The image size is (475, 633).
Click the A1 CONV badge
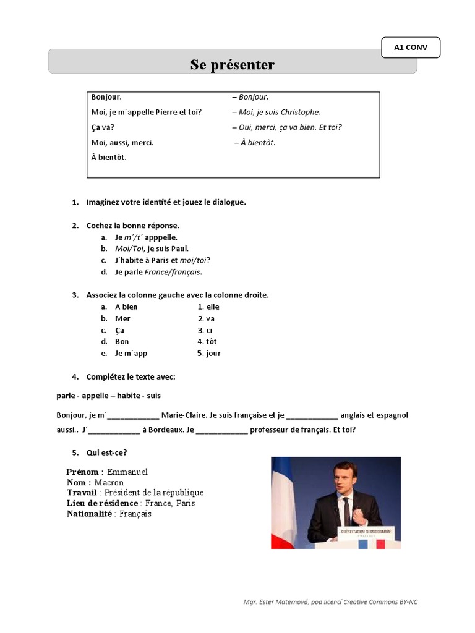click(x=411, y=48)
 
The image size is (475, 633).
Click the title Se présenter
click(x=233, y=65)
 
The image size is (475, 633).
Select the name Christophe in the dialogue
click(x=300, y=113)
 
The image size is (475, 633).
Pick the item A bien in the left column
click(x=126, y=307)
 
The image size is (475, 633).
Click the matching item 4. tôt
click(x=207, y=341)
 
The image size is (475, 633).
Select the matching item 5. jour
click(x=209, y=353)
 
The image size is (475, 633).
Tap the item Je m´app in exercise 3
click(x=131, y=353)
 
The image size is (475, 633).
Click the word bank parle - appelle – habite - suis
click(x=109, y=395)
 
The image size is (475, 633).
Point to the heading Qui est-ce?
click(x=106, y=452)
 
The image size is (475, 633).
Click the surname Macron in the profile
click(x=109, y=482)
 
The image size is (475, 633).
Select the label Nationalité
click(x=89, y=514)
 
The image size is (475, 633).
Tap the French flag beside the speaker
click(x=284, y=501)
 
